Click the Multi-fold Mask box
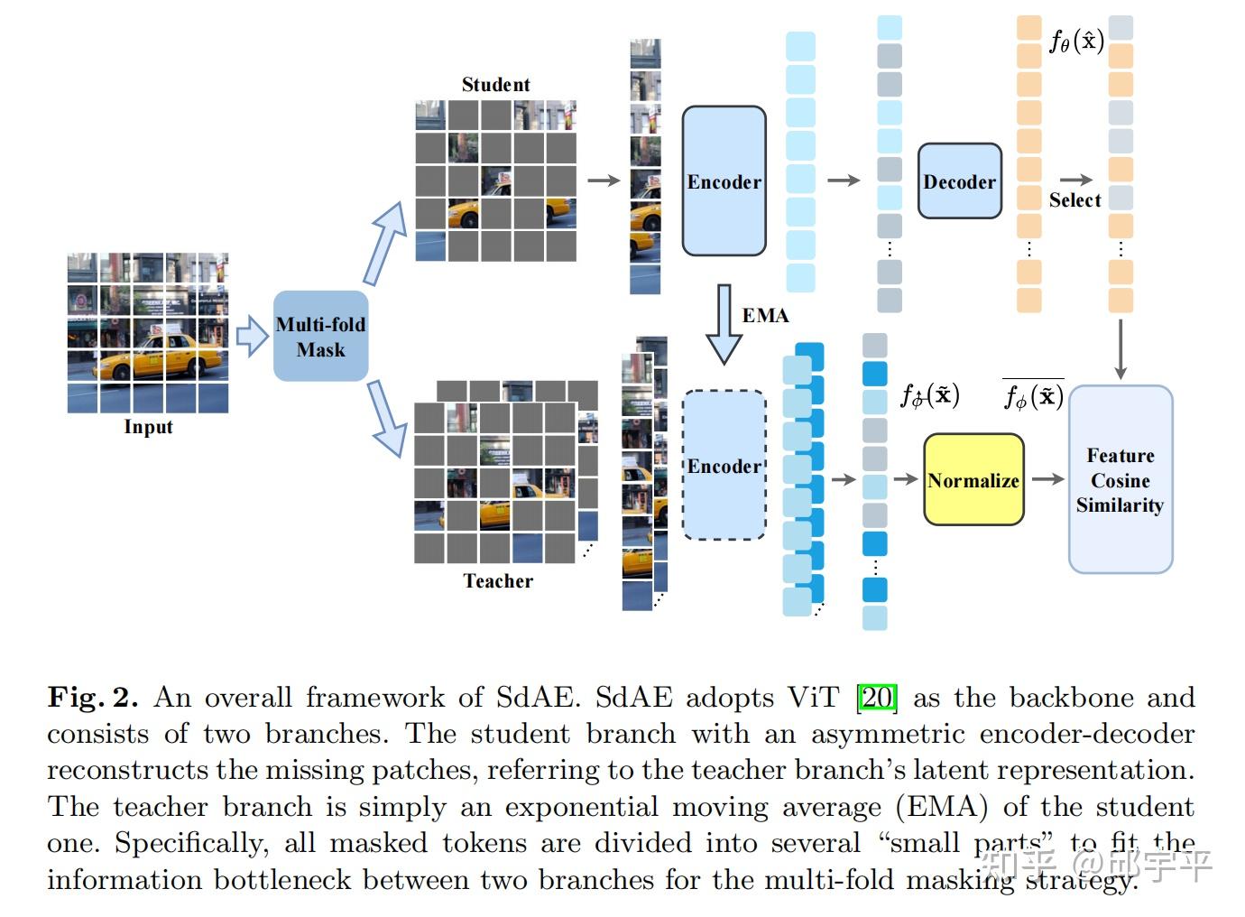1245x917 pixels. point(320,336)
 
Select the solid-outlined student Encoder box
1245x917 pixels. point(724,181)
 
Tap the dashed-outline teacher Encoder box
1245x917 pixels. point(724,466)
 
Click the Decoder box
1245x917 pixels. point(959,181)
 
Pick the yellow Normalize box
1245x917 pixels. point(973,480)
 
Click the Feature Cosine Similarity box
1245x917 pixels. point(1120,480)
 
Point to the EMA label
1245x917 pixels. point(765,316)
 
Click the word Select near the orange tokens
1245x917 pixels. point(1074,200)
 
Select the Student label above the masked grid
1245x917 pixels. point(495,85)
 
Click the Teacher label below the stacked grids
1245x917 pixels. point(498,581)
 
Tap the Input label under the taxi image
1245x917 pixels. point(148,427)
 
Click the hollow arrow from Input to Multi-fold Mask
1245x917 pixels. point(252,336)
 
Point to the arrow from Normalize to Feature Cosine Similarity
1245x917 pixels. point(1047,479)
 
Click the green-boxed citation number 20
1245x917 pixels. point(877,698)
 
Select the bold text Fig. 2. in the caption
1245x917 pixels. point(93,698)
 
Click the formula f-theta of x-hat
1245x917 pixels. point(1076,41)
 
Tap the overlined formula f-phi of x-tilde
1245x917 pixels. point(1033,395)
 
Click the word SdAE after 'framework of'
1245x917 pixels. point(535,698)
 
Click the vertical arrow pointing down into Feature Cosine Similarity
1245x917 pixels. point(1120,348)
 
